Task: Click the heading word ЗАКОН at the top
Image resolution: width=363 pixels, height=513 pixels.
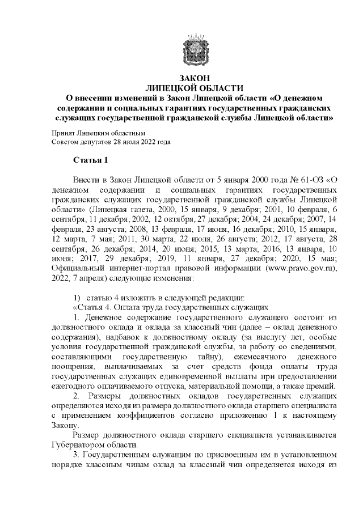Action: (194, 78)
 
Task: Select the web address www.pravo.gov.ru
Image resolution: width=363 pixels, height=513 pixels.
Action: (303, 268)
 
